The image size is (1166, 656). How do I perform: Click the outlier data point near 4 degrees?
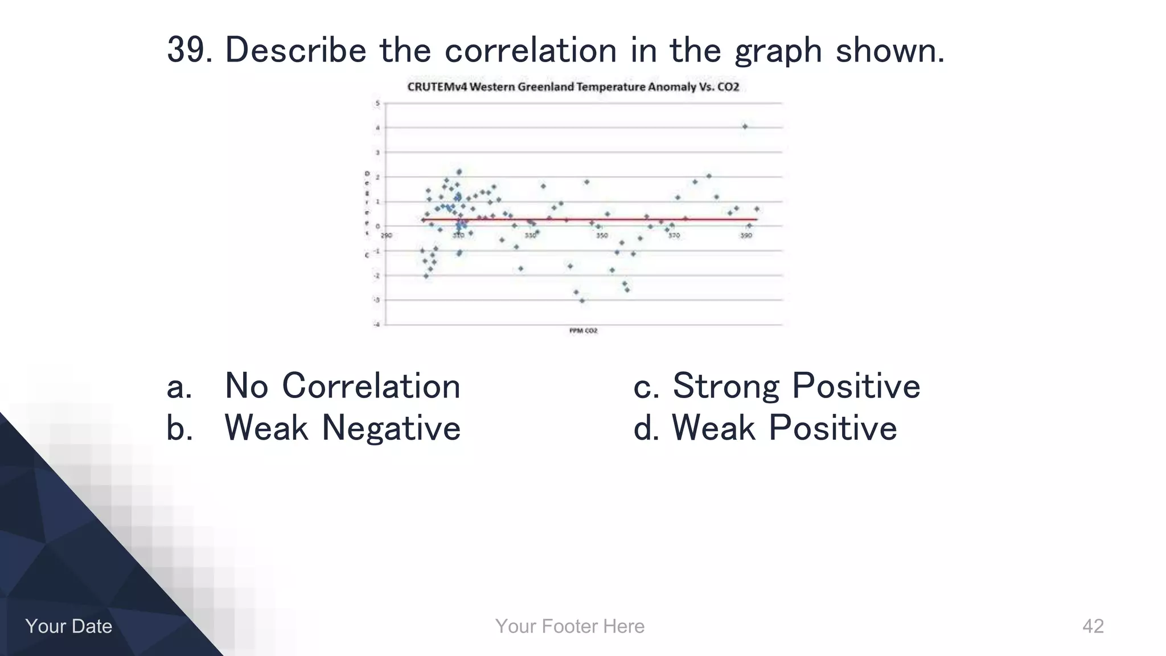[x=745, y=126]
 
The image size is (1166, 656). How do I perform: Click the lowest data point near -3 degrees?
[x=582, y=301]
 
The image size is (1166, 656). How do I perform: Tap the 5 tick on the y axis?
[x=377, y=103]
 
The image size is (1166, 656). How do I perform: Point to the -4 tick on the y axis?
[x=377, y=325]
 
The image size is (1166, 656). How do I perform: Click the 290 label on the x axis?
[x=387, y=235]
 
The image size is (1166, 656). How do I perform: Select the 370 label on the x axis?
[x=674, y=235]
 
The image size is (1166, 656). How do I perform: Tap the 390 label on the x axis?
[x=746, y=235]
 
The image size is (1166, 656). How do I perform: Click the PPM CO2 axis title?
[x=584, y=331]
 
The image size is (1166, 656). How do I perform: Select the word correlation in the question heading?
[x=530, y=50]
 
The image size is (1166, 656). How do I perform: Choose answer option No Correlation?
[x=342, y=386]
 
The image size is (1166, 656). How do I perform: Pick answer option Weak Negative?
[x=342, y=428]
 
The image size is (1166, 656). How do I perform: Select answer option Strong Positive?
[x=796, y=386]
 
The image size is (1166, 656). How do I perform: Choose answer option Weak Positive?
[x=784, y=428]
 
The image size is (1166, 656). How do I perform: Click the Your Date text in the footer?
[x=69, y=626]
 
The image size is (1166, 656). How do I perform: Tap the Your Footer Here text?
[x=570, y=626]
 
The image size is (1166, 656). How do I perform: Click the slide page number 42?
[x=1093, y=626]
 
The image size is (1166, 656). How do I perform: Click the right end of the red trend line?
[x=756, y=219]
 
